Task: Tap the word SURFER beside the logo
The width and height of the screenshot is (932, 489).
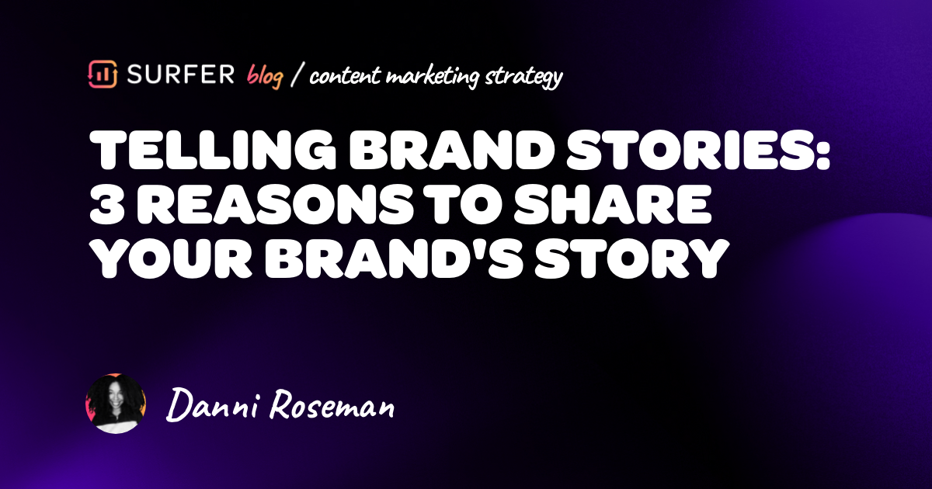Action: (x=177, y=75)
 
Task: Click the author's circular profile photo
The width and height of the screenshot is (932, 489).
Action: (x=116, y=404)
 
